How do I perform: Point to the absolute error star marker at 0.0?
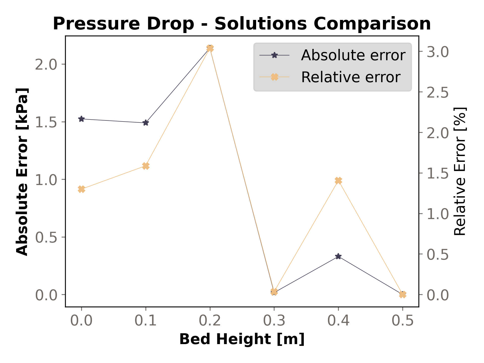click(x=81, y=119)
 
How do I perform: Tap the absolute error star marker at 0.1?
click(x=145, y=123)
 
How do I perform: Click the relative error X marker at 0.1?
click(x=146, y=166)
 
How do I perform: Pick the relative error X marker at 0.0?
click(x=81, y=189)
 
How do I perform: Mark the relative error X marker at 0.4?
click(x=338, y=181)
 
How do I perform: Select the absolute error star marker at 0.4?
click(x=338, y=257)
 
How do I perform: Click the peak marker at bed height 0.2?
click(x=210, y=48)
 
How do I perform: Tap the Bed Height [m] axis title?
click(x=242, y=339)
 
